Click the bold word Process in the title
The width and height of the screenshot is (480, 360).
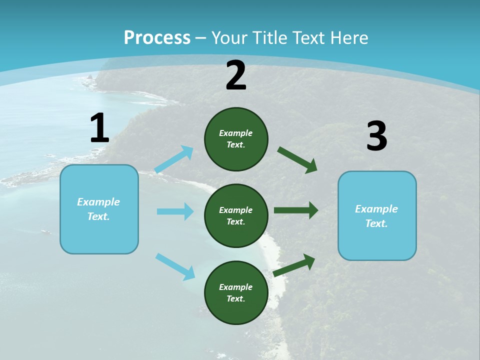pyautogui.click(x=157, y=37)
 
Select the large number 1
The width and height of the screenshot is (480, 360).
pyautogui.click(x=99, y=128)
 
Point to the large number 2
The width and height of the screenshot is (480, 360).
pyautogui.click(x=236, y=75)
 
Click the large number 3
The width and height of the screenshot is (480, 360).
pyautogui.click(x=376, y=136)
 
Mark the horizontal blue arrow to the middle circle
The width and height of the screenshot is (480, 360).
pyautogui.click(x=175, y=211)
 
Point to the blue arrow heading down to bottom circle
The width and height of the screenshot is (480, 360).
pyautogui.click(x=175, y=266)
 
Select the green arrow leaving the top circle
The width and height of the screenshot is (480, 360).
pyautogui.click(x=297, y=160)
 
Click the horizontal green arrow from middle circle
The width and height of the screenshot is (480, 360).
pyautogui.click(x=296, y=210)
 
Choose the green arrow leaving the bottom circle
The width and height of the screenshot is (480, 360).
pyautogui.click(x=294, y=265)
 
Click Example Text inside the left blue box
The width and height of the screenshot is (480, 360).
pyautogui.click(x=98, y=209)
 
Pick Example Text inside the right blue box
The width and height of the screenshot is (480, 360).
pyautogui.click(x=376, y=216)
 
